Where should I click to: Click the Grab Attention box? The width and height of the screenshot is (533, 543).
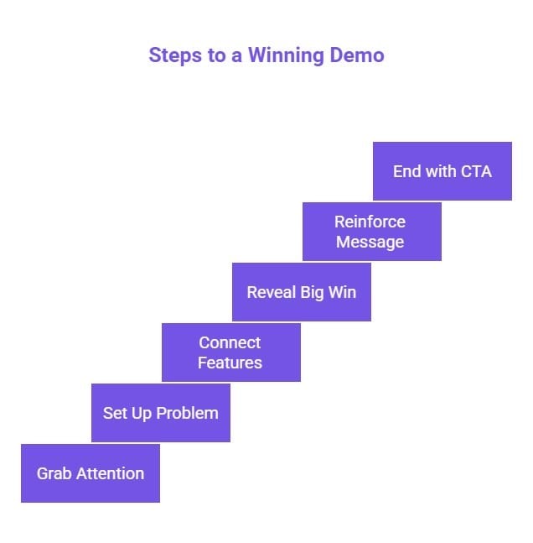pyautogui.click(x=90, y=473)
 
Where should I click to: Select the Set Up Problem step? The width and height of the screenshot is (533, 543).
pyautogui.click(x=160, y=413)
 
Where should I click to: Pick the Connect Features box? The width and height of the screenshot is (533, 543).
pyautogui.click(x=230, y=352)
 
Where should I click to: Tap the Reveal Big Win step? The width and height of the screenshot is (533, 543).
pyautogui.click(x=301, y=292)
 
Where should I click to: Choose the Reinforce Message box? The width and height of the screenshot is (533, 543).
pyautogui.click(x=371, y=232)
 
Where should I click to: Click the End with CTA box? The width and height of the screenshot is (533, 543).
pyautogui.click(x=442, y=171)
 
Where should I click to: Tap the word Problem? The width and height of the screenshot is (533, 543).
pyautogui.click(x=189, y=413)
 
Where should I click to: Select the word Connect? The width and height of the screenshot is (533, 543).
pyautogui.click(x=230, y=342)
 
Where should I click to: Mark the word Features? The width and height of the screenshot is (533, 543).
pyautogui.click(x=230, y=363)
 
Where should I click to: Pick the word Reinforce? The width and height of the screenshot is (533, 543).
pyautogui.click(x=370, y=222)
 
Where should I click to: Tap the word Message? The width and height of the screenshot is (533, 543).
pyautogui.click(x=370, y=242)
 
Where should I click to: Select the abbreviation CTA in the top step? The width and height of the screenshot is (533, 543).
pyautogui.click(x=474, y=171)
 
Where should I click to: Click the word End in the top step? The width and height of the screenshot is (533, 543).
pyautogui.click(x=407, y=171)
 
